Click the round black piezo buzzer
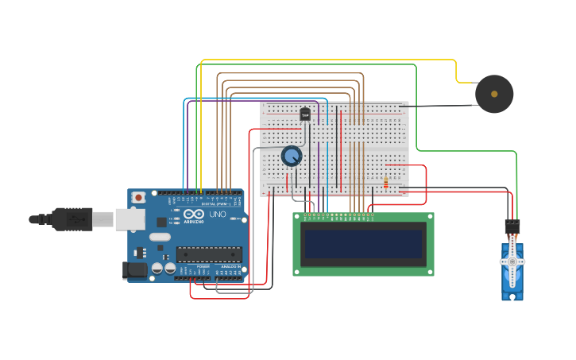point(494,94)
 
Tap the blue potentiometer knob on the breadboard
point(292,156)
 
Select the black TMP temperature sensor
point(305,114)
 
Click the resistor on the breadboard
point(386,183)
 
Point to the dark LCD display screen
point(363,244)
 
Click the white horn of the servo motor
point(512,263)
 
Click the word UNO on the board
point(217,214)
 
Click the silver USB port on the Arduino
point(130,219)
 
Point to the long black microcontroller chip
point(209,254)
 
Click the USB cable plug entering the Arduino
point(72,219)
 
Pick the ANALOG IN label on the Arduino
point(230,266)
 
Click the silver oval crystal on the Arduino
point(160,236)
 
